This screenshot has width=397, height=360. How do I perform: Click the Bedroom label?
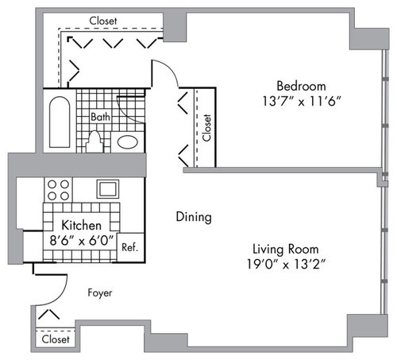pos(301,86)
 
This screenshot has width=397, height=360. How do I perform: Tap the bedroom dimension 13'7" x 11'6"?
pos(302,101)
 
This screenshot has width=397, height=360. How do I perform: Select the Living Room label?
pos(286,249)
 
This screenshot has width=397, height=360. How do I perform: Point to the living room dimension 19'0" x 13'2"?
pos(286,264)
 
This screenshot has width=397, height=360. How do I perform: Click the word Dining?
pos(194,217)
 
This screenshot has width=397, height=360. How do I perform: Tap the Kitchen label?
pos(81,225)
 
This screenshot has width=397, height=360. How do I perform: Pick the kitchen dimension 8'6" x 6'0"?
pos(82,241)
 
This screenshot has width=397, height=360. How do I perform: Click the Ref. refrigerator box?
pos(131,248)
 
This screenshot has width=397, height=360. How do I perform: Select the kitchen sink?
pos(108,189)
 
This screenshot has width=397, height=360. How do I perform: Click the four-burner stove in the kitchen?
pos(58,190)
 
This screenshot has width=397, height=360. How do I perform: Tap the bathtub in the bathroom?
pos(60,122)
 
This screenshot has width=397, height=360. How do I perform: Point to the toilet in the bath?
pos(94,142)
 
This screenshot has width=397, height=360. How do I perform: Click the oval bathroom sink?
pos(128,142)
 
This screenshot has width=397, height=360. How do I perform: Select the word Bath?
pos(100,117)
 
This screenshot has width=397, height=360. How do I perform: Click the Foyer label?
pos(100,293)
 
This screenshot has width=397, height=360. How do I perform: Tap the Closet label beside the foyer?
pos(56,339)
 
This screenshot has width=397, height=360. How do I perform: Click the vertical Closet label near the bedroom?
pos(206,127)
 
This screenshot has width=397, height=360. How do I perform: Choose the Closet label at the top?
pos(103,21)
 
